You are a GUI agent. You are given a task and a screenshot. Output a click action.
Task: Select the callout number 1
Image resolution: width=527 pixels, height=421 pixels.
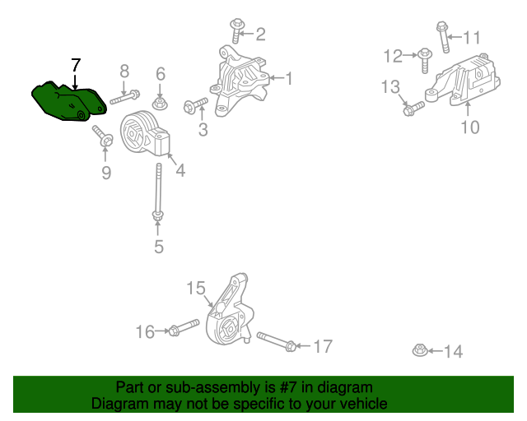pyautogui.click(x=289, y=79)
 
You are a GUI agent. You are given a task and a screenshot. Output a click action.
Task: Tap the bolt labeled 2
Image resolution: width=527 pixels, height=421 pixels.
pyautogui.click(x=236, y=31)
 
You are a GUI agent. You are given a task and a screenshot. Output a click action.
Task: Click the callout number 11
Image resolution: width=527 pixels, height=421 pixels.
pyautogui.click(x=471, y=37)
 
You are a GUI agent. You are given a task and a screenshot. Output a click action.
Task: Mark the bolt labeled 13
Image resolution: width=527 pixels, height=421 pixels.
pyautogui.click(x=413, y=107)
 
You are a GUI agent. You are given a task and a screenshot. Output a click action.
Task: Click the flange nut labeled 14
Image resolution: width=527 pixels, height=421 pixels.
pyautogui.click(x=419, y=351)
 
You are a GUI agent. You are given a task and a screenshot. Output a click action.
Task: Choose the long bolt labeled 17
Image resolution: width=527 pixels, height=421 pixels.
pyautogui.click(x=276, y=341)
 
